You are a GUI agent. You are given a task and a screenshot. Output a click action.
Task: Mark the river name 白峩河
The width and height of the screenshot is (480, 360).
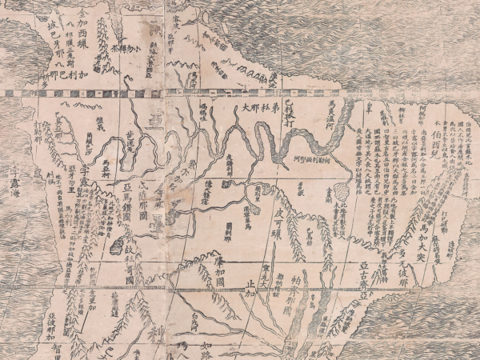tap(189, 319)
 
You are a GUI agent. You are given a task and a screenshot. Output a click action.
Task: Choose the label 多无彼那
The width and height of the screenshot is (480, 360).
tap(412, 264)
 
